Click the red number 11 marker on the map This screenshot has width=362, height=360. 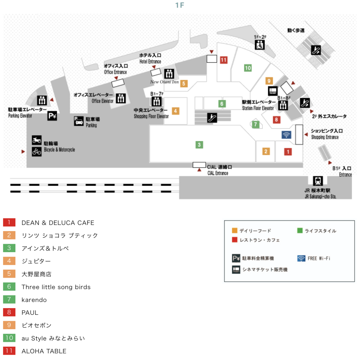tap(224, 60)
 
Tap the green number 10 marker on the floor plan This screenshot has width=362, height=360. tap(248, 68)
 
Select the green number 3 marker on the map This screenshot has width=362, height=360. tap(199, 145)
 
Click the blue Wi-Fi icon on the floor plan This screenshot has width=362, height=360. tap(286, 135)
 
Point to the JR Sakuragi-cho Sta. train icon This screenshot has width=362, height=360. tap(317, 181)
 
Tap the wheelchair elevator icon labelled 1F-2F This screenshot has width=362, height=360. tap(260, 44)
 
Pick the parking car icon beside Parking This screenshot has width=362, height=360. tap(79, 121)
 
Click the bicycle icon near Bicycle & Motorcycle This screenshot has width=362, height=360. tap(37, 152)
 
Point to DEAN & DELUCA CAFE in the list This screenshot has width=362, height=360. tap(58, 223)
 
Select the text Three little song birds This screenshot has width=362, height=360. tap(56, 287)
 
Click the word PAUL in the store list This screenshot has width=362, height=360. tap(30, 312)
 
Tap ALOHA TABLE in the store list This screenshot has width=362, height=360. tap(44, 351)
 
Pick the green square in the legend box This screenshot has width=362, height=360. tap(300, 231)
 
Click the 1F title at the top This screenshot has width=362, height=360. tap(180, 5)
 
